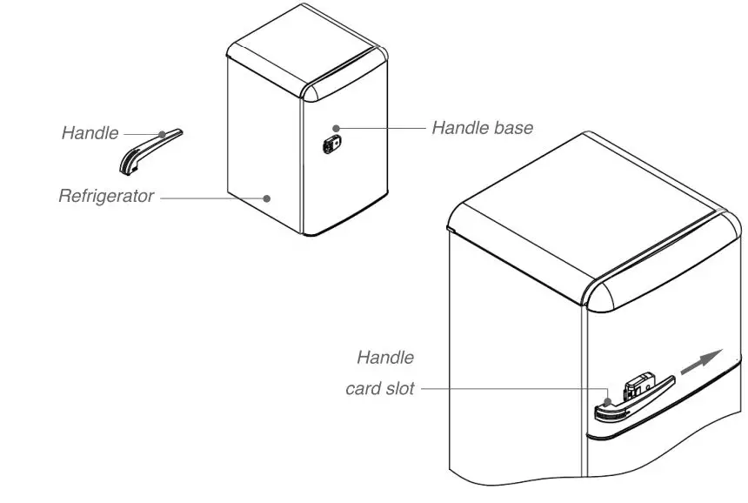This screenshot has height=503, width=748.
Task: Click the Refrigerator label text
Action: coord(106,196)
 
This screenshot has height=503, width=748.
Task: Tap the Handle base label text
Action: coord(482,128)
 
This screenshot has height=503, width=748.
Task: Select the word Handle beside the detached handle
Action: coord(90,133)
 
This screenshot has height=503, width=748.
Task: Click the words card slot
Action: coord(380,389)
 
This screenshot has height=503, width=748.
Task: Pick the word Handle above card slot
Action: coord(385,357)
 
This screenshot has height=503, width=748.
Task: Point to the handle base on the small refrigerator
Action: coord(331,143)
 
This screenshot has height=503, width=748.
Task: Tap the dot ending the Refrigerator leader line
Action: coord(267,198)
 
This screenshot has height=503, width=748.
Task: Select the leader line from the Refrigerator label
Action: coord(213,198)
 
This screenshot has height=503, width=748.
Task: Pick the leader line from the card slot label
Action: coord(513,390)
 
